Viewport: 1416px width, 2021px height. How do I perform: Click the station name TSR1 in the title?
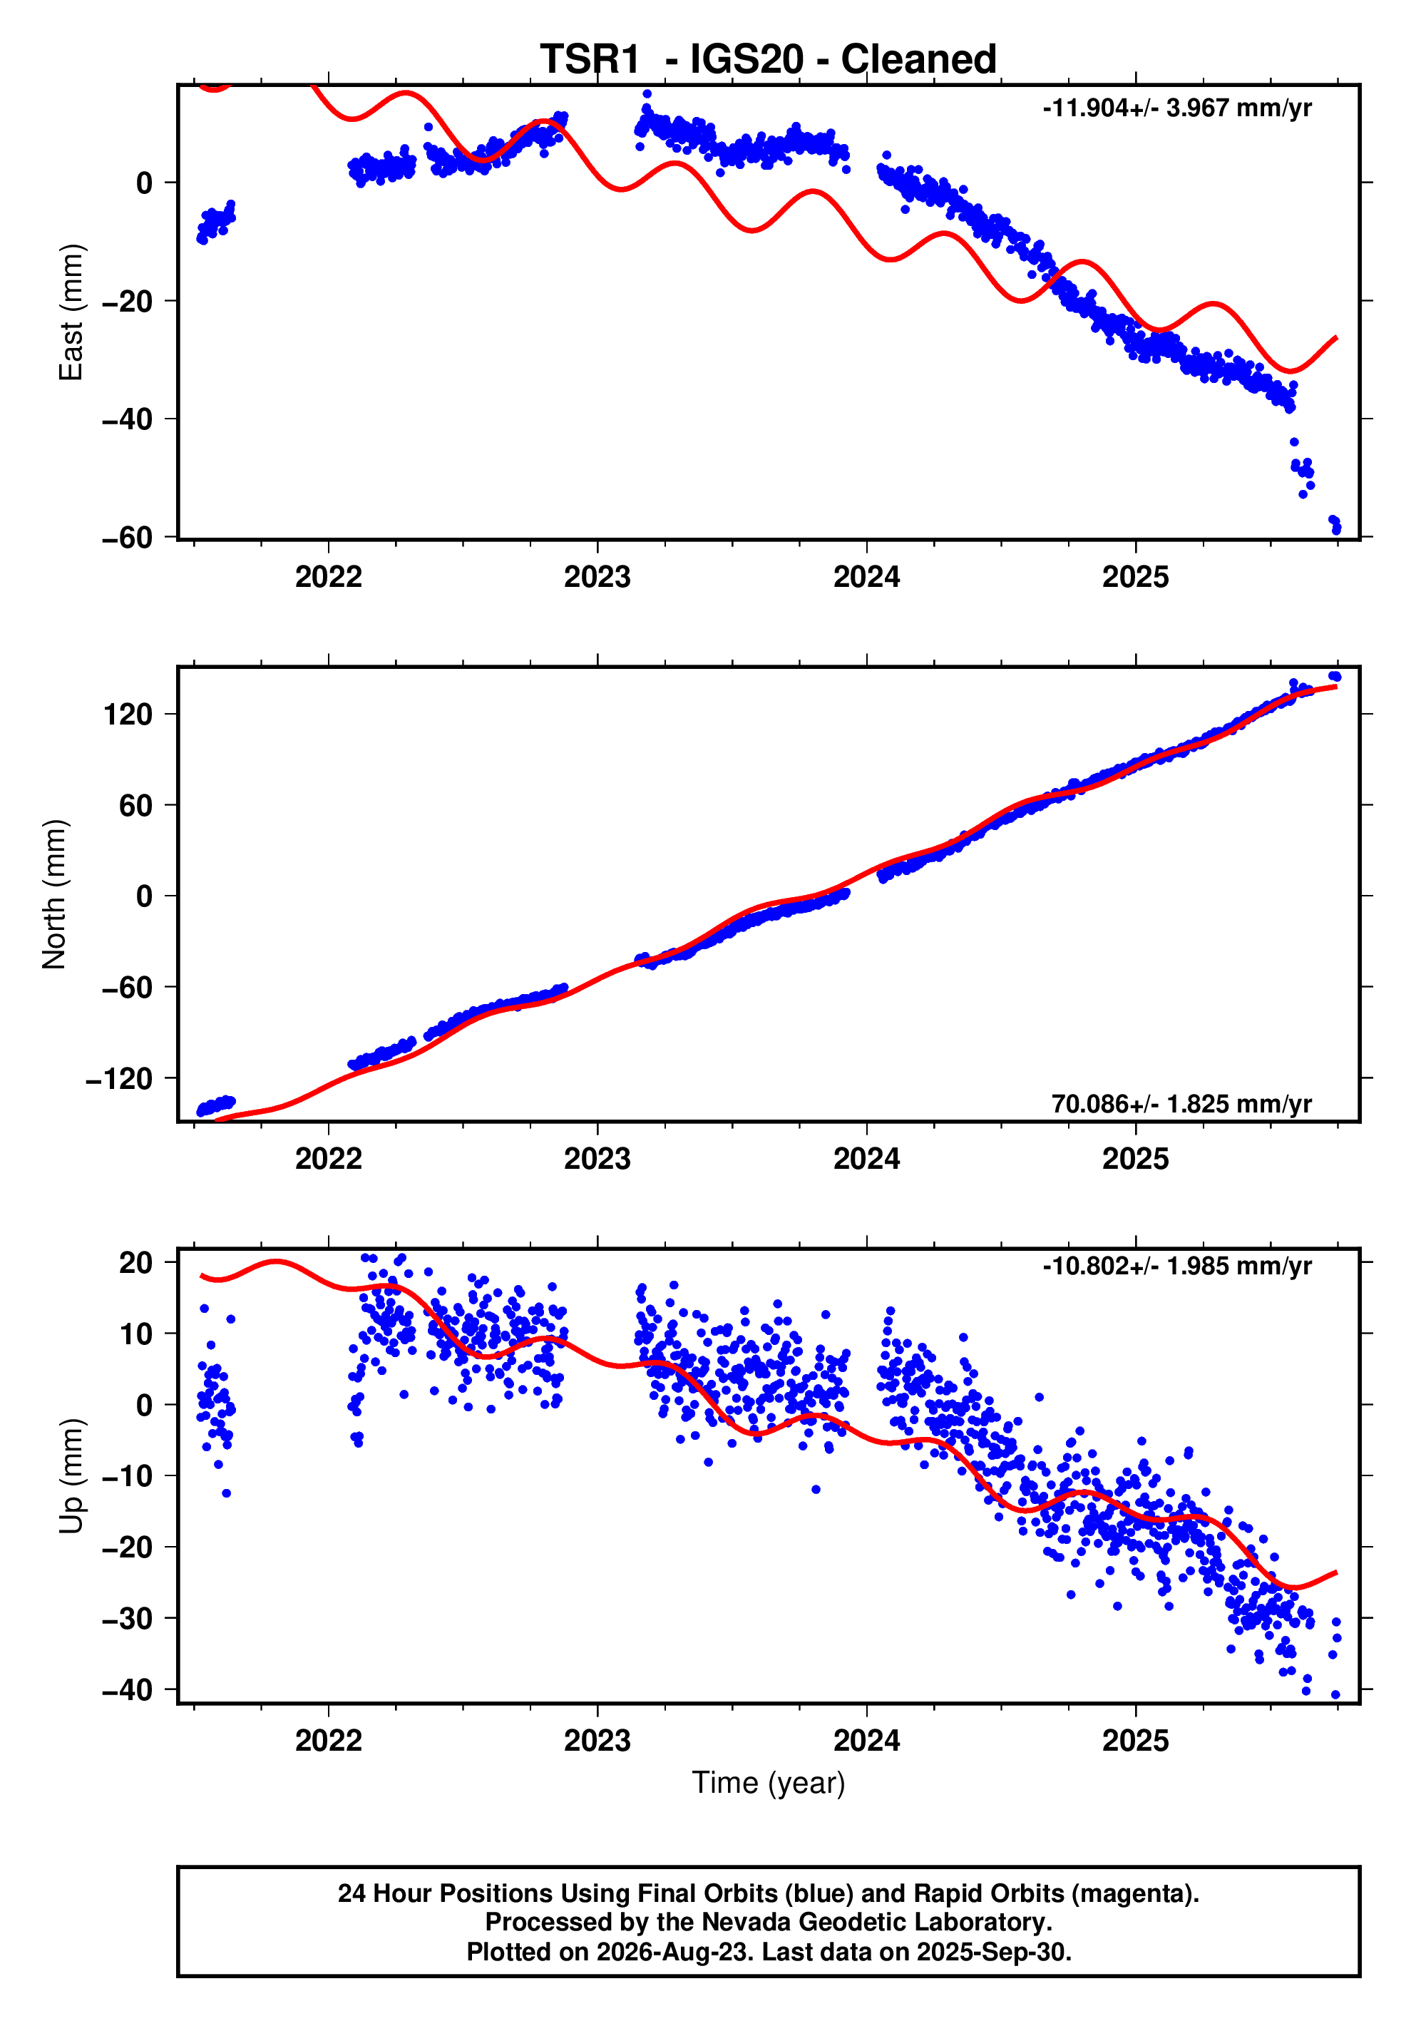[590, 60]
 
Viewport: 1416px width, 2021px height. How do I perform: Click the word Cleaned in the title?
[919, 60]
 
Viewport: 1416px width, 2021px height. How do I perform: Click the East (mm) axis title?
[71, 312]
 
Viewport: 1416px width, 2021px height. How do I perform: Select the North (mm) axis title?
[55, 894]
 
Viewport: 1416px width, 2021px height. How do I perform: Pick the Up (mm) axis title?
[71, 1476]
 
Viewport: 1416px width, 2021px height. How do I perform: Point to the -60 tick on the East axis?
[128, 537]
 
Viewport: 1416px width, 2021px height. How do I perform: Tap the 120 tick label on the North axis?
[128, 714]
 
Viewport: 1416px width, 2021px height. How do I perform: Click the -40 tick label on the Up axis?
[128, 1690]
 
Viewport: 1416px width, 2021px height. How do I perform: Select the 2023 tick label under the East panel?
[597, 578]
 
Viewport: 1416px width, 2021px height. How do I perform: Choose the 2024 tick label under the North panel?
[867, 1160]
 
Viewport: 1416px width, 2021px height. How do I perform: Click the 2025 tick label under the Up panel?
[1135, 1740]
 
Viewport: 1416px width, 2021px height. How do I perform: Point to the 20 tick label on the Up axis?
[136, 1263]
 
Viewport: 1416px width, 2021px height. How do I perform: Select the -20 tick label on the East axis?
[128, 301]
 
